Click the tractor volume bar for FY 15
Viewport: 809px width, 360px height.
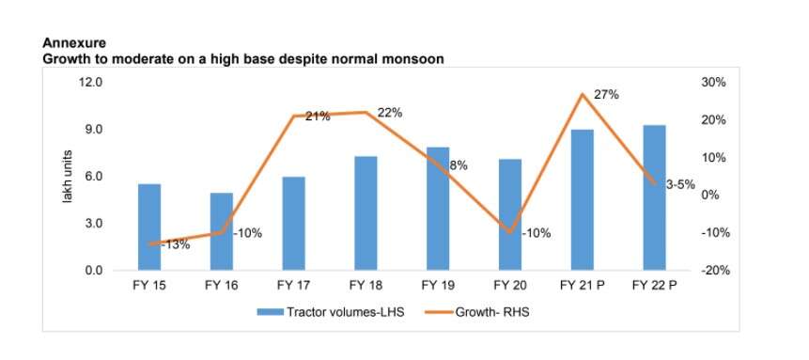[149, 227]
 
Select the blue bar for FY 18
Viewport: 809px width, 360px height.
[366, 213]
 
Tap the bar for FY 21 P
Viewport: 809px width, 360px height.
[582, 199]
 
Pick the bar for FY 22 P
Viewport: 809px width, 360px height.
[654, 197]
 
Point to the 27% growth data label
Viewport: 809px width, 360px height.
[606, 96]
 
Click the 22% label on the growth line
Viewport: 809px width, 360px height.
[390, 113]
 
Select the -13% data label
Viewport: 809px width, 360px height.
[175, 244]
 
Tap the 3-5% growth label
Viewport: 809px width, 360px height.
[680, 185]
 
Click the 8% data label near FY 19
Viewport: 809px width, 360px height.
[459, 165]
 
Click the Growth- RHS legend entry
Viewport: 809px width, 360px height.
[493, 312]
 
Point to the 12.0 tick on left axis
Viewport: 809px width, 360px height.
[90, 83]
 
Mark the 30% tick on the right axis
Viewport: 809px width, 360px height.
[713, 83]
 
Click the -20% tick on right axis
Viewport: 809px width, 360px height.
[712, 271]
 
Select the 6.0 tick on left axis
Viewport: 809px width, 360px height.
[93, 177]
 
